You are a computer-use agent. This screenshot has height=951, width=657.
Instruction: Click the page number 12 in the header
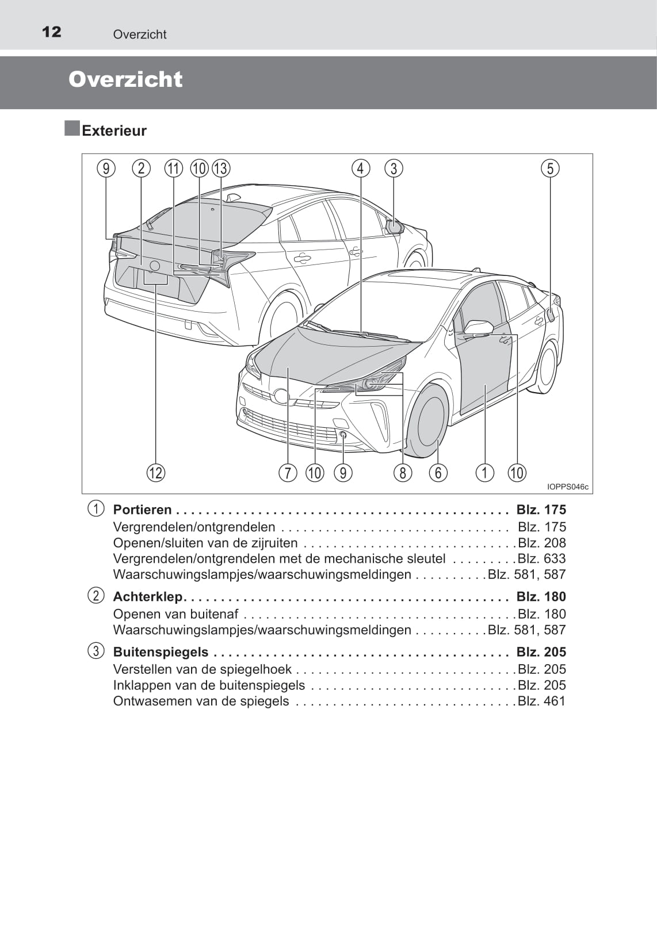51,32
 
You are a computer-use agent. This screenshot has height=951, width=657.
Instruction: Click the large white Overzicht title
125,79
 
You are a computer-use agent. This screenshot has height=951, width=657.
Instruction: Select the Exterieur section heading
114,131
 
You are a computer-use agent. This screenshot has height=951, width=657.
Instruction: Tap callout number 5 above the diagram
550,168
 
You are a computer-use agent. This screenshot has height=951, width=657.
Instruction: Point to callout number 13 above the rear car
221,168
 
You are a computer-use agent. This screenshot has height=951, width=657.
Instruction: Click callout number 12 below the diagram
156,473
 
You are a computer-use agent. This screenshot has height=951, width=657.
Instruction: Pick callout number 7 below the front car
288,473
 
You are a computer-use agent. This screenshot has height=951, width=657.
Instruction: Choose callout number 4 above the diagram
361,168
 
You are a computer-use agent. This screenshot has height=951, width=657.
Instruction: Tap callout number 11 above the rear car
173,168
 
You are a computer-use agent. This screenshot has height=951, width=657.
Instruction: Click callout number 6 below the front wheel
438,473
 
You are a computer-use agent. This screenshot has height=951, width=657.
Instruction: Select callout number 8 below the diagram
403,473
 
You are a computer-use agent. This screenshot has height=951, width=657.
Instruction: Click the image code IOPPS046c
568,487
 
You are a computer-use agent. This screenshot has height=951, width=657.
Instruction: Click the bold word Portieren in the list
142,510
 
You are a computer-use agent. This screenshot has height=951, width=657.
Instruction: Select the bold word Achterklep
147,597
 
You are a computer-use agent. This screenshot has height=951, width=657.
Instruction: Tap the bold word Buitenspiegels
161,652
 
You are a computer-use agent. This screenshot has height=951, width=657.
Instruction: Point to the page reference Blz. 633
541,558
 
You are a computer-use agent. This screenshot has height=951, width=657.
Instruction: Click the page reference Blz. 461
541,701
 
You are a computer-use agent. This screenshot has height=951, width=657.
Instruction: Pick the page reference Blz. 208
541,543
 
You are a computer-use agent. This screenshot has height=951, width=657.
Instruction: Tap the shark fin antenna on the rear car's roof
232,198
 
